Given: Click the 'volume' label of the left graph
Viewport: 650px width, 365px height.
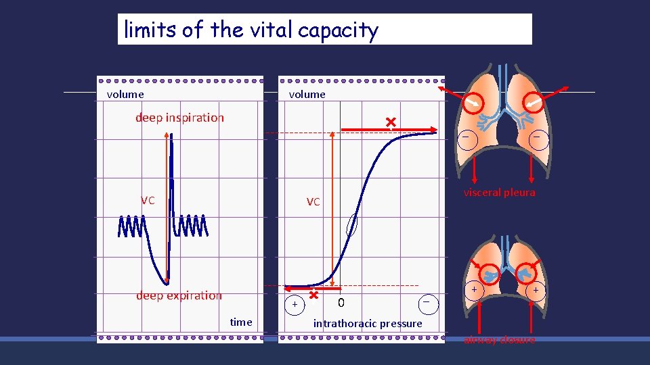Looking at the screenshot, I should tap(125, 95).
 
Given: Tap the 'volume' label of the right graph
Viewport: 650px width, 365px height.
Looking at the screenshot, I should tap(307, 95).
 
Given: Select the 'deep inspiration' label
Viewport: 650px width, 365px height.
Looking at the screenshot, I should tap(179, 118).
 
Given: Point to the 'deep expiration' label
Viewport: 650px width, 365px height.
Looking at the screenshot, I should tap(179, 295).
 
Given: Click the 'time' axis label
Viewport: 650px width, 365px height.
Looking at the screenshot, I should tap(240, 322).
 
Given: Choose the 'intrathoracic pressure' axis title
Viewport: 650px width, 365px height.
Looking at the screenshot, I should tap(367, 324).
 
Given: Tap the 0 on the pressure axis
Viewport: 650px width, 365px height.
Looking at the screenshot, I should tap(341, 302).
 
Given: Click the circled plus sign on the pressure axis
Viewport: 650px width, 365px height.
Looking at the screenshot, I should tap(295, 306).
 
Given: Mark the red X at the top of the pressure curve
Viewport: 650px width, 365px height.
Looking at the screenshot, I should tap(390, 122).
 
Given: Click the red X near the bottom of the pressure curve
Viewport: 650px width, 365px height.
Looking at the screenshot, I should tap(313, 295).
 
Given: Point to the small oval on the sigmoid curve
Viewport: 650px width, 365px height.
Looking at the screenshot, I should tap(351, 224).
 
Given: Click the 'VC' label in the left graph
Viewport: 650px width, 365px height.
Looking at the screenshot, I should tap(148, 201).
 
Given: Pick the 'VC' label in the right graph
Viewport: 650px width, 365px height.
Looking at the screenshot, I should tap(313, 202).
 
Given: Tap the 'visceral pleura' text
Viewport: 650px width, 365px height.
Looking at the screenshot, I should tap(499, 193).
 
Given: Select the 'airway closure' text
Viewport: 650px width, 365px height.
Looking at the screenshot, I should tap(499, 340).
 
